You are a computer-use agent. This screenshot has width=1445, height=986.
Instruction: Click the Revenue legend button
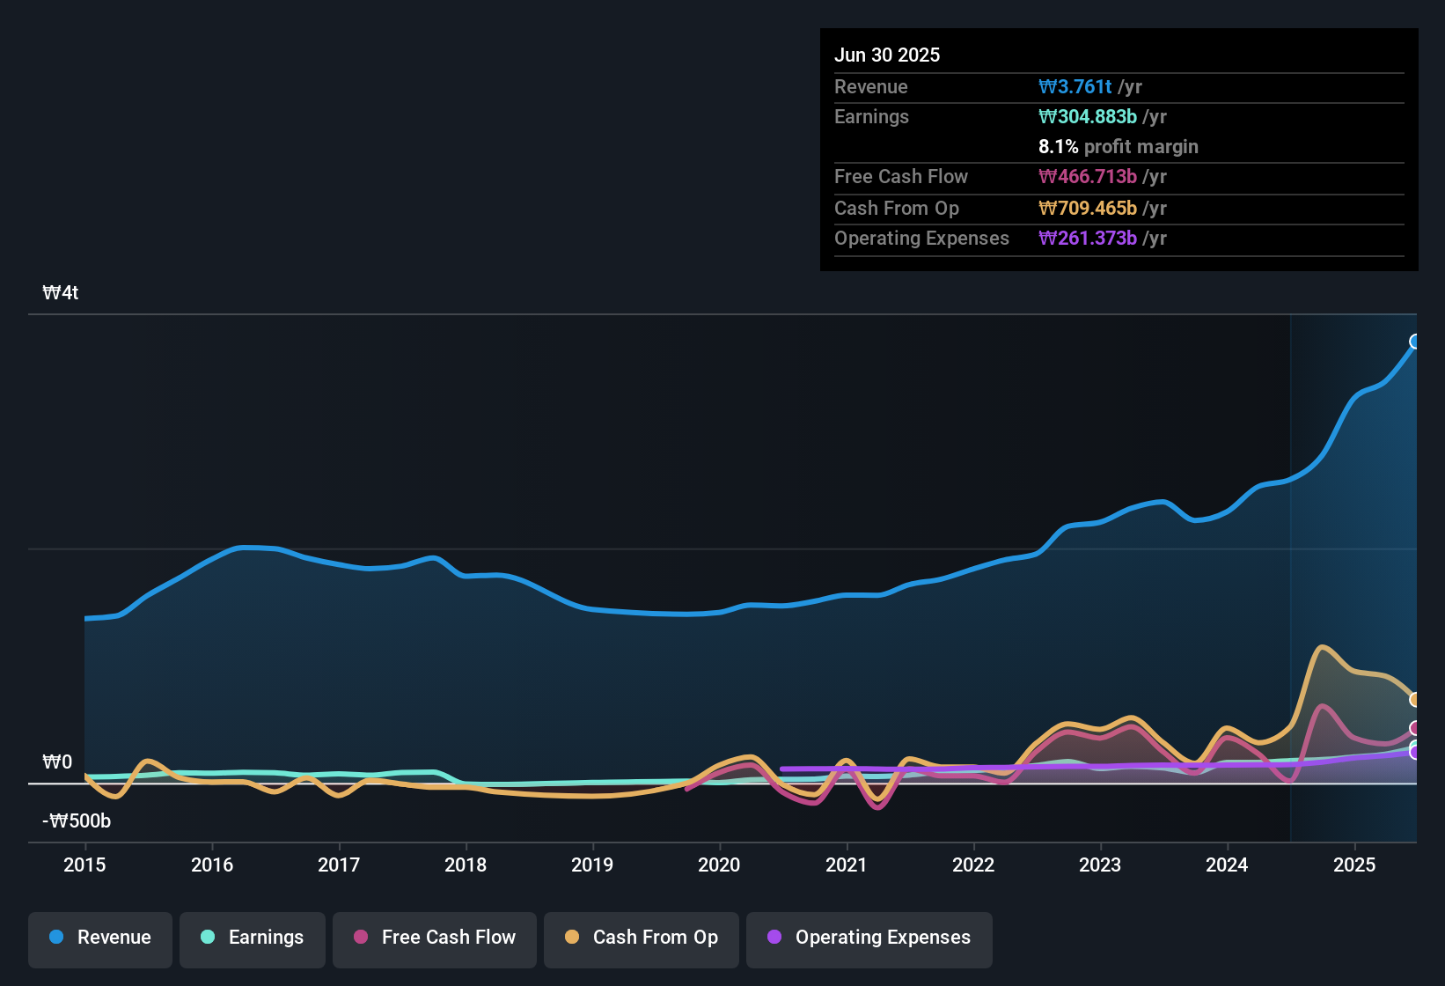tap(100, 938)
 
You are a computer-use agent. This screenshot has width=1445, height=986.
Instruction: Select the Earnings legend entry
tap(253, 938)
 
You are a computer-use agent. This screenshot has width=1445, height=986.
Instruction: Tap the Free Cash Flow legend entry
tap(435, 938)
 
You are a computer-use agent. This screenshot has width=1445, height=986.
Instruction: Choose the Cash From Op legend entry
tap(642, 938)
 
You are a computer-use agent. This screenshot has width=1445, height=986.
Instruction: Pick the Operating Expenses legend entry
tap(869, 938)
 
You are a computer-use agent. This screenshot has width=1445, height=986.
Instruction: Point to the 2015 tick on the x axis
tap(84, 865)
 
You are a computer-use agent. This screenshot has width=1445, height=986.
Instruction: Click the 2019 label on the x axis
tap(592, 865)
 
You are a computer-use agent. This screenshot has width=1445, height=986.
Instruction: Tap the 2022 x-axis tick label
tap(973, 865)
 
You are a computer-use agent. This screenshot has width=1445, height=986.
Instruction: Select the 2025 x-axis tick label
tap(1354, 865)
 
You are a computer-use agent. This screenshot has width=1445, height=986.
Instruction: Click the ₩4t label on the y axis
tap(61, 293)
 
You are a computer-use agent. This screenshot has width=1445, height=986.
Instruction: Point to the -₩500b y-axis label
tap(77, 821)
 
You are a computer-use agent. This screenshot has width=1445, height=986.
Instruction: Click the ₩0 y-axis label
tap(57, 762)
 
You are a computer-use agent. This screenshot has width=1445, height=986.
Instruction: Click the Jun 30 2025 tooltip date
tap(887, 55)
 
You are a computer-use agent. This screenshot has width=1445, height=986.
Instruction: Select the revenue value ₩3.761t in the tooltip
tap(1075, 86)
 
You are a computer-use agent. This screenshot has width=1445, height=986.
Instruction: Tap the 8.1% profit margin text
tap(1118, 147)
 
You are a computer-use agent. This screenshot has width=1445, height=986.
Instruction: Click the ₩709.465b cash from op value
tap(1088, 209)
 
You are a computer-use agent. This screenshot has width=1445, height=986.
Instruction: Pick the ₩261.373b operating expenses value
tap(1088, 239)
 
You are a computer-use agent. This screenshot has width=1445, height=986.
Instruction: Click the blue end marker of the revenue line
tap(1415, 342)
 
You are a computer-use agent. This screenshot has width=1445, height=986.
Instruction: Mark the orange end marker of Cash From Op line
tap(1415, 700)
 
